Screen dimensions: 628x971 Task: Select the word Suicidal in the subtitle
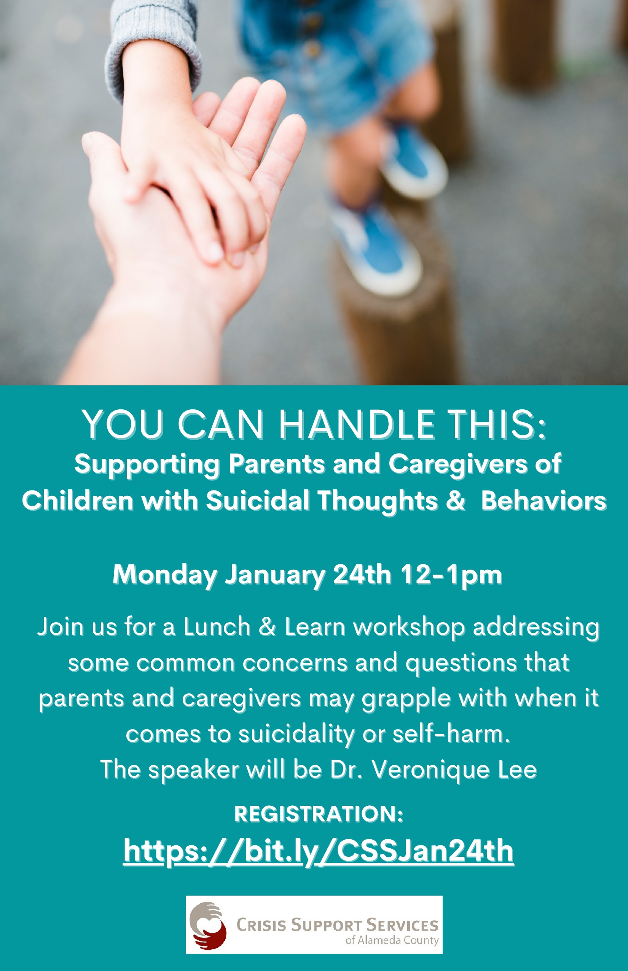257,501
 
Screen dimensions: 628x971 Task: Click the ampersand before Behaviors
455,501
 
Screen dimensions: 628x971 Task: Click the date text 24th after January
362,575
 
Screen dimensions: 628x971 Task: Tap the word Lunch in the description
217,627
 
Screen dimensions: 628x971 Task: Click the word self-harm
451,734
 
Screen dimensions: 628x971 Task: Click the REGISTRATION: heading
319,814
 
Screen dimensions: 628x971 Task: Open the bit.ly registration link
319,851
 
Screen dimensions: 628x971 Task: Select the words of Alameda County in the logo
392,941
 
